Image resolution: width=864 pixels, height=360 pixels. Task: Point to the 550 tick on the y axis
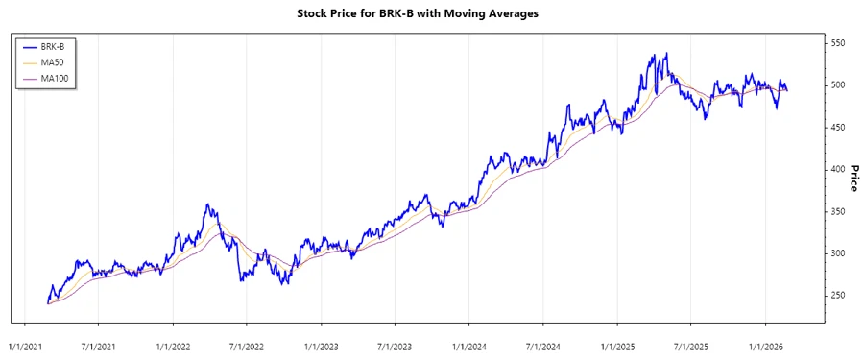click(838, 43)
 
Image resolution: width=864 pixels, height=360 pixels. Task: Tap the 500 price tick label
click(838, 85)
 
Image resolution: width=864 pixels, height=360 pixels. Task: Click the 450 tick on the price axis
click(838, 128)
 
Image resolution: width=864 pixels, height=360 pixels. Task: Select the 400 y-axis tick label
click(838, 169)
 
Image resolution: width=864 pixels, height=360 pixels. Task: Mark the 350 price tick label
click(838, 211)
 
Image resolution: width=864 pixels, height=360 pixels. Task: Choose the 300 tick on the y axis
click(838, 253)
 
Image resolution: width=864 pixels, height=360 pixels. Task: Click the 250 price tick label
click(838, 295)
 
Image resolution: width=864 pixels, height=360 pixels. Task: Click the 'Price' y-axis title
click(852, 177)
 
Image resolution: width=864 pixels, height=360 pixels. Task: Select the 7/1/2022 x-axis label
click(246, 345)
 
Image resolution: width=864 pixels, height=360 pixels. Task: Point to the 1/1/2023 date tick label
click(321, 345)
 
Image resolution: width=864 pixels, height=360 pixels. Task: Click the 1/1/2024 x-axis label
click(468, 345)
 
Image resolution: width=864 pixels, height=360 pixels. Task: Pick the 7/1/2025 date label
click(690, 345)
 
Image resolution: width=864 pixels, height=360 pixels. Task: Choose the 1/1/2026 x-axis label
click(765, 345)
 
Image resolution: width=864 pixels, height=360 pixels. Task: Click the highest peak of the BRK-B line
click(666, 54)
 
